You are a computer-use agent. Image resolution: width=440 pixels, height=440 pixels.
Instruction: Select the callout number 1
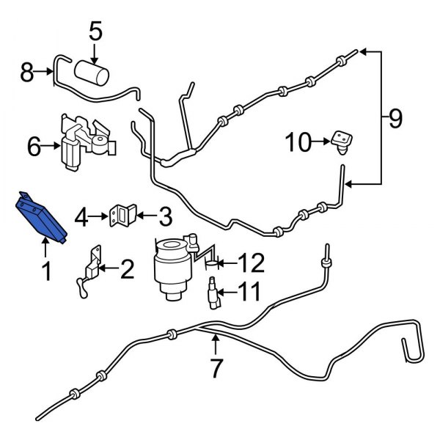point(45,273)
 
